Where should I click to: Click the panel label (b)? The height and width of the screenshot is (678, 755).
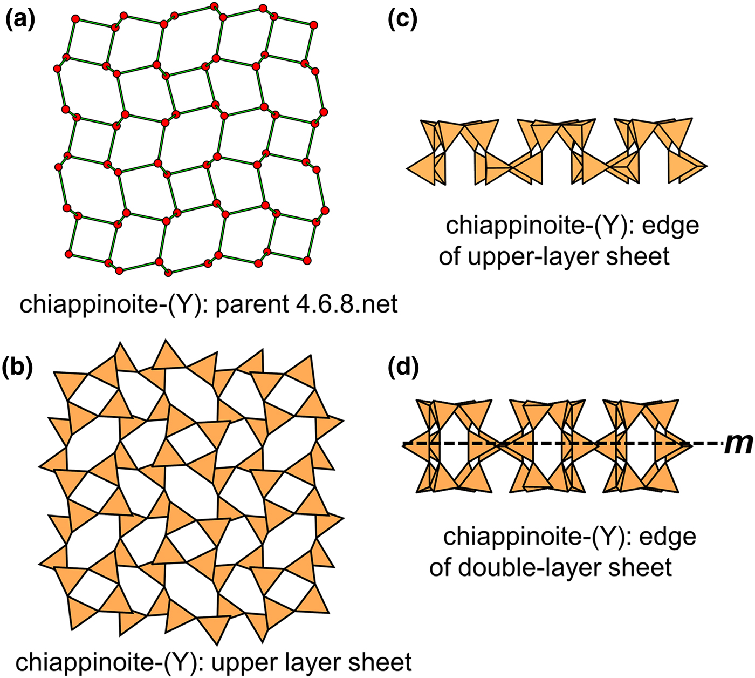[20, 367]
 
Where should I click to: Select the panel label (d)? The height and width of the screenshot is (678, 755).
[402, 367]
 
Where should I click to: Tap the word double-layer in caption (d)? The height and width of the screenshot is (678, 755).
[539, 567]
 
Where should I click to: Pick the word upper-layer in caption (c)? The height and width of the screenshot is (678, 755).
[545, 255]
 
